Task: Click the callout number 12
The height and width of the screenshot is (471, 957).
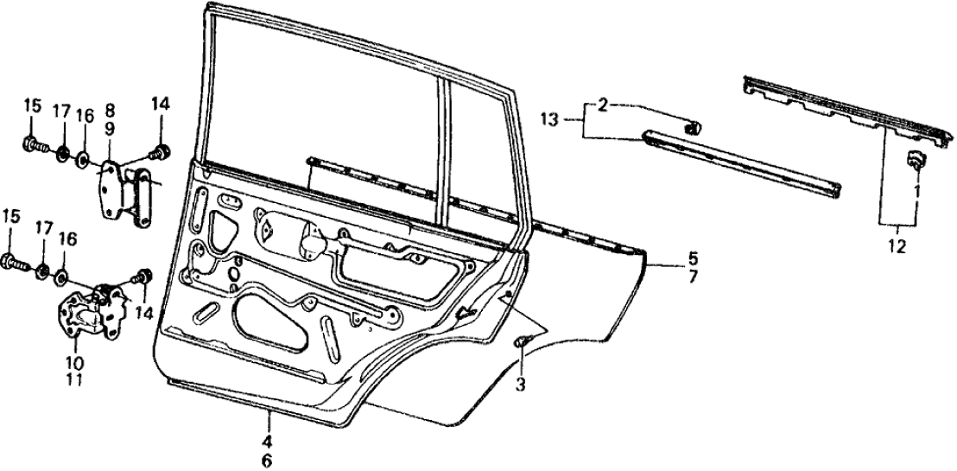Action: [x=897, y=247]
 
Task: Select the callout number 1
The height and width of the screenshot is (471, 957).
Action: [x=917, y=188]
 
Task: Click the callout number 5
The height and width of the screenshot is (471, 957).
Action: [x=669, y=257]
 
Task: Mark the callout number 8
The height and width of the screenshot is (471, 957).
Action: [x=111, y=111]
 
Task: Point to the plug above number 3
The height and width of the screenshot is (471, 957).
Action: [x=521, y=343]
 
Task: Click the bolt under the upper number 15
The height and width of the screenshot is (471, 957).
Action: [x=33, y=143]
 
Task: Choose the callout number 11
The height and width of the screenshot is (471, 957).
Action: [x=74, y=379]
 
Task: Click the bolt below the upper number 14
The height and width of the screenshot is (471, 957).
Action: [x=160, y=153]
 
